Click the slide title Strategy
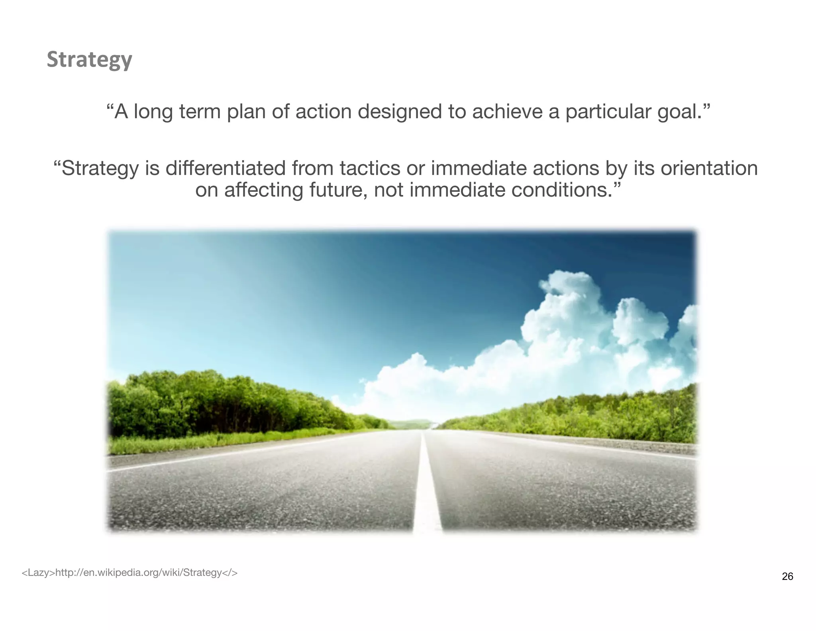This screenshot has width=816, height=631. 89,60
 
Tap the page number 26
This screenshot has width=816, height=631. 787,576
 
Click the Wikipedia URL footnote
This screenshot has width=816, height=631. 129,573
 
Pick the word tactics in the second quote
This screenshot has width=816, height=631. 370,168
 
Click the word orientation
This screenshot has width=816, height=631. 709,168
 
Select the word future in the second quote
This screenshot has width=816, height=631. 338,190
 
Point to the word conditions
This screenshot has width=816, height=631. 561,190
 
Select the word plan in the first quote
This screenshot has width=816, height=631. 246,112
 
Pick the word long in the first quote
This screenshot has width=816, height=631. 153,112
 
